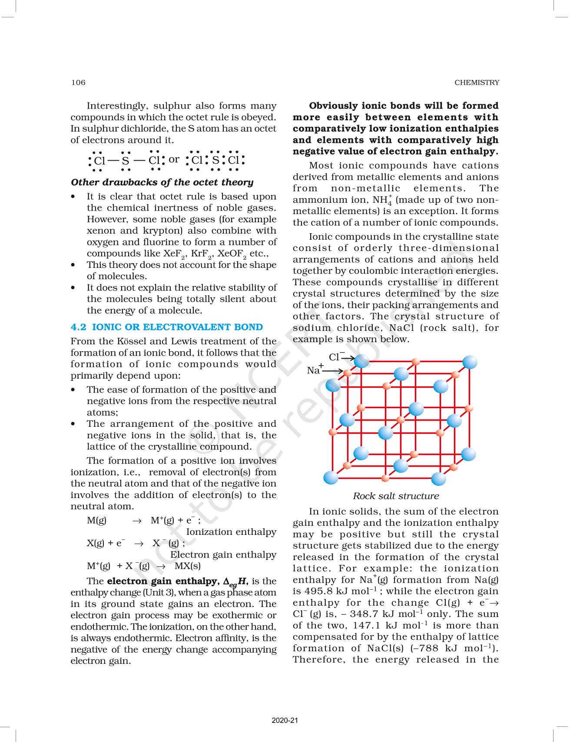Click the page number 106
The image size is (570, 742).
pyautogui.click(x=79, y=82)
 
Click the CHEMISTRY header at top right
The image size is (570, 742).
pyautogui.click(x=477, y=82)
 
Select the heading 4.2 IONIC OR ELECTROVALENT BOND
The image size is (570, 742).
pyautogui.click(x=166, y=327)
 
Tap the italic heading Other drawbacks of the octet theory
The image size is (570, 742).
pyautogui.click(x=162, y=182)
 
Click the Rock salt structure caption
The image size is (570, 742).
pyautogui.click(x=396, y=496)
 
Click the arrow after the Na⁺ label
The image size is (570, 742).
pyautogui.click(x=333, y=372)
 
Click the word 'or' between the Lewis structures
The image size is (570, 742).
pyautogui.click(x=174, y=159)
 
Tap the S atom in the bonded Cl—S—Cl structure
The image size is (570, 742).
pyautogui.click(x=126, y=161)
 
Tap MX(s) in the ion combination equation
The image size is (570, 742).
pyautogui.click(x=188, y=566)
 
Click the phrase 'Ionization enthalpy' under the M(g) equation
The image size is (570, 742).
pyautogui.click(x=231, y=532)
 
